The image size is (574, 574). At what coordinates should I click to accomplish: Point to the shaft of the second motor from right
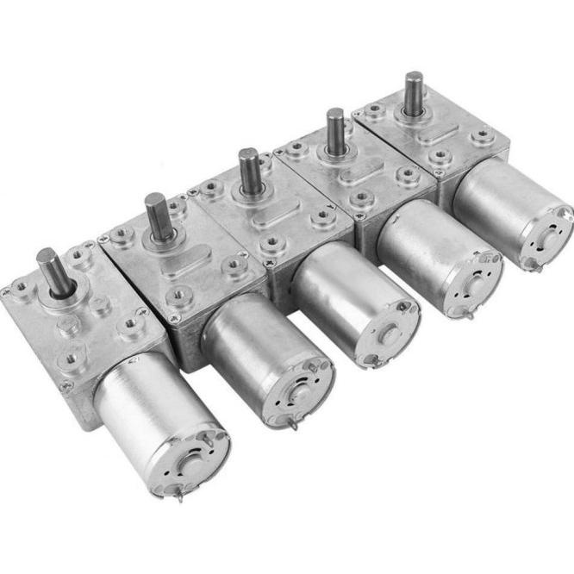[334, 129]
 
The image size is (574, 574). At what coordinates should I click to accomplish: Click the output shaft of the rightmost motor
[414, 90]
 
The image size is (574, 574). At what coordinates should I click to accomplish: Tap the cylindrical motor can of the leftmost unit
[138, 405]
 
